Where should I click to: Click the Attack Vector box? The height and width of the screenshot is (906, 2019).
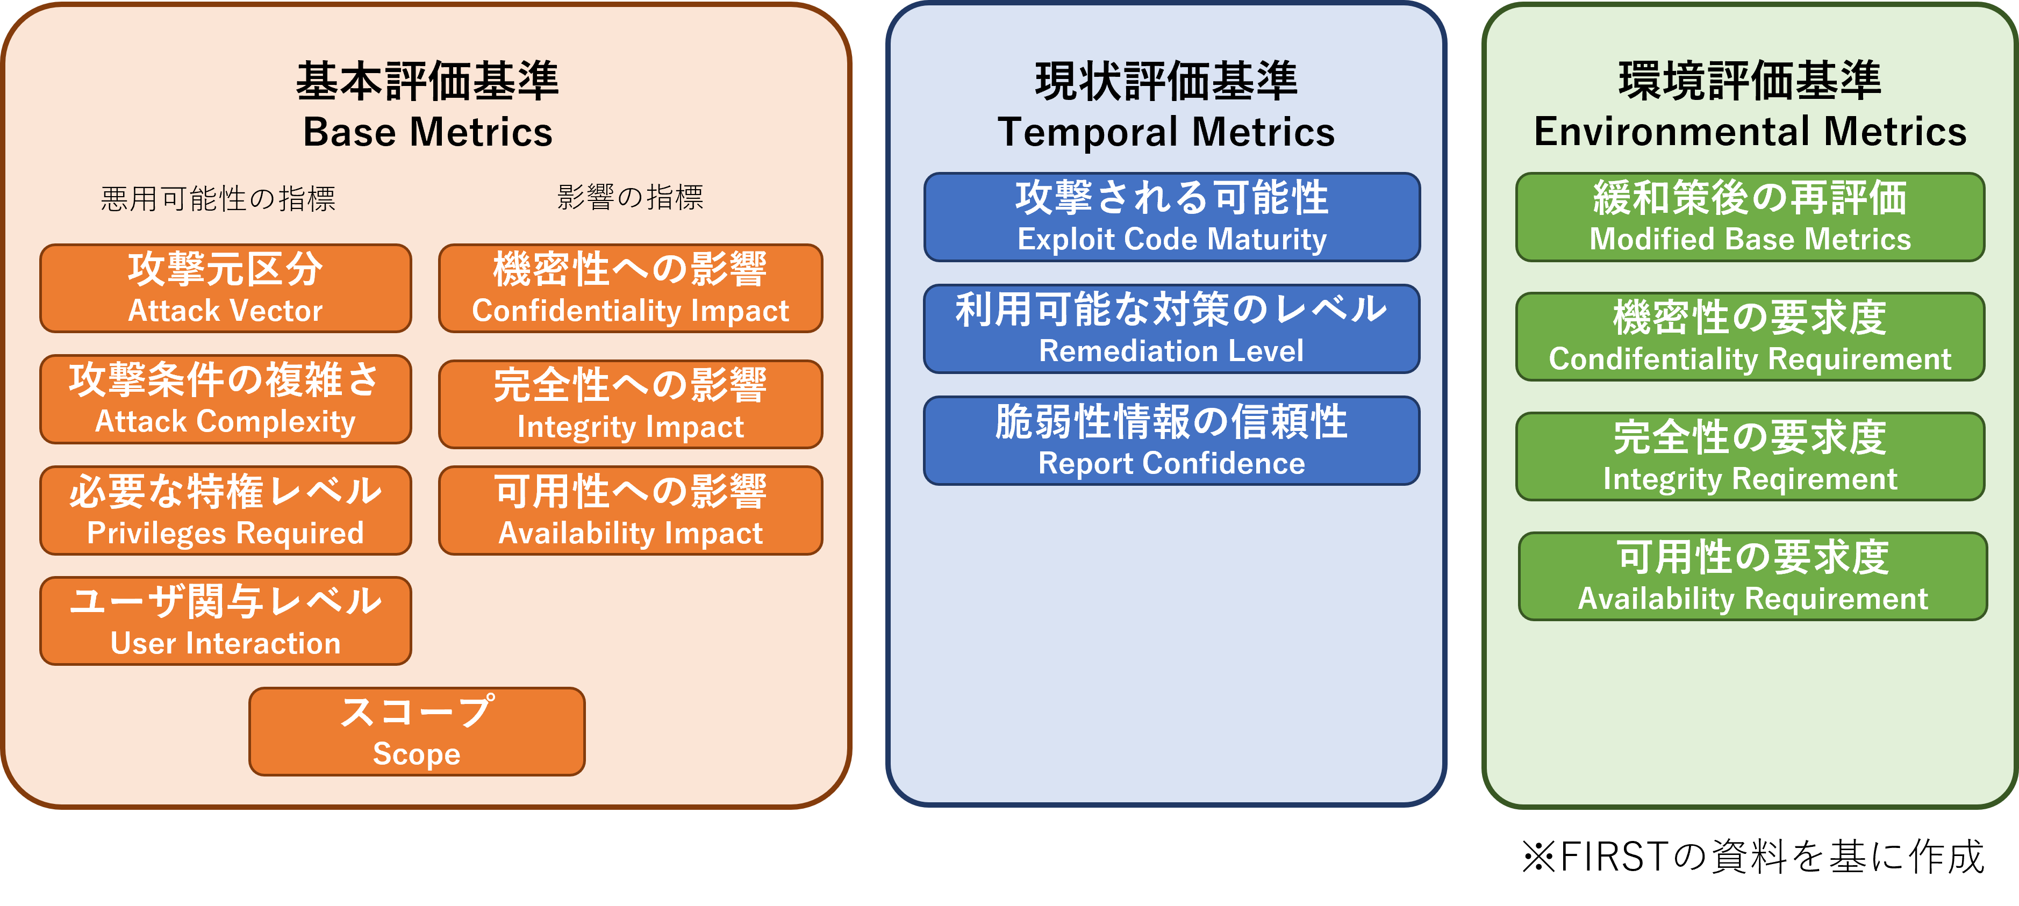tap(226, 289)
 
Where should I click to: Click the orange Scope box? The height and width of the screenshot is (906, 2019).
tap(417, 732)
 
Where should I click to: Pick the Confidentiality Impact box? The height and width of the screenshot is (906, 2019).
tap(631, 289)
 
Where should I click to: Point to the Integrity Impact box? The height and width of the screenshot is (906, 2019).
tap(631, 405)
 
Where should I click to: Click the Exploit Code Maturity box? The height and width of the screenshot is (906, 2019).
tap(1172, 217)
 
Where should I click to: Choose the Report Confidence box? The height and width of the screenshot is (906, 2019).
tap(1172, 441)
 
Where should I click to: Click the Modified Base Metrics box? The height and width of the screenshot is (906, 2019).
tap(1750, 217)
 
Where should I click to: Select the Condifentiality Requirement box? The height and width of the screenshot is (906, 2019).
tap(1750, 337)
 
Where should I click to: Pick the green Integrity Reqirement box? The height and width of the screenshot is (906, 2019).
tap(1750, 457)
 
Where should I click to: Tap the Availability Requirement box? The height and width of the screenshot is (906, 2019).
tap(1752, 577)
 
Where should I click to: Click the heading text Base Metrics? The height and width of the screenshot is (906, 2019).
tap(428, 132)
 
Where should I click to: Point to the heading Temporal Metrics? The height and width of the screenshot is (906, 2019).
tap(1166, 132)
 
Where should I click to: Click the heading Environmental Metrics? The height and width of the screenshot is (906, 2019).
tap(1750, 132)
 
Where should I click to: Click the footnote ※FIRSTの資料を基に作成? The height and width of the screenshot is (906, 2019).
tap(1753, 856)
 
